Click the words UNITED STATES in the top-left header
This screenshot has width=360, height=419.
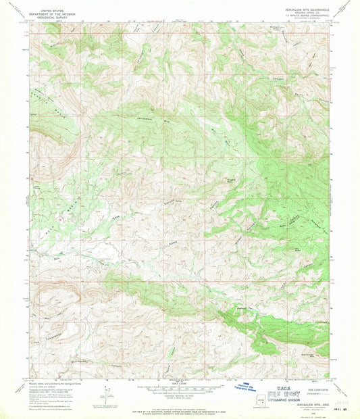[x=49, y=11]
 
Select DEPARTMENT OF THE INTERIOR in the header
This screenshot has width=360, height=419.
[x=49, y=15]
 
